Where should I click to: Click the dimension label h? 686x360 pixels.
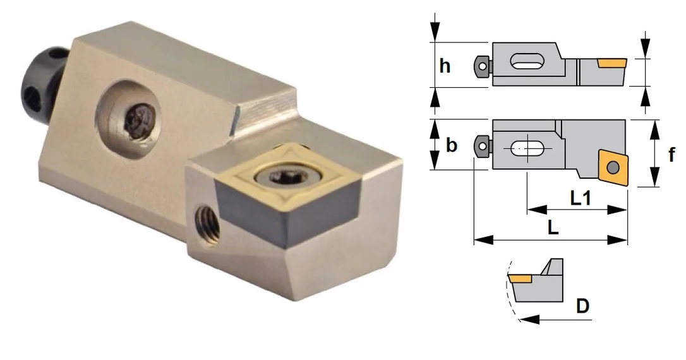[445, 66]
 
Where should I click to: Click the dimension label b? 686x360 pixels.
[452, 145]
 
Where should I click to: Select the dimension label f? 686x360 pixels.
[671, 154]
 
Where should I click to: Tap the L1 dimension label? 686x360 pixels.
[581, 198]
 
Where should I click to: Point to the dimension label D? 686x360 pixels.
[583, 306]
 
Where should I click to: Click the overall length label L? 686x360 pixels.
[553, 227]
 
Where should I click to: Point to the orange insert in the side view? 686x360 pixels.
[612, 63]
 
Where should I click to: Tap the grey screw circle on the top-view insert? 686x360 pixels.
[613, 167]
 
